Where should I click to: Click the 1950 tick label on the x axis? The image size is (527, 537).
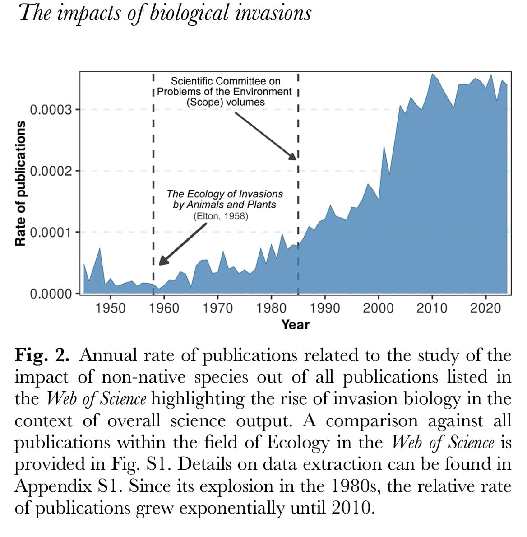[111, 308]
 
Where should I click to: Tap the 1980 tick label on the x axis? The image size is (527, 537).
[271, 308]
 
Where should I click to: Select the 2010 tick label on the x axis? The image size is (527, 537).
[432, 308]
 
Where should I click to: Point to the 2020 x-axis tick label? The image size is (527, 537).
[485, 308]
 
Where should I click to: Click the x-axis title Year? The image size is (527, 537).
[296, 324]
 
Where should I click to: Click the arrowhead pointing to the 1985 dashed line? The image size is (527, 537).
[292, 156]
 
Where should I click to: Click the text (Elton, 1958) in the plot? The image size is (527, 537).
[221, 216]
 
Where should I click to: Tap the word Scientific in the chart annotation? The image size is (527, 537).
[193, 81]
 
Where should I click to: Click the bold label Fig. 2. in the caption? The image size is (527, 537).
[42, 355]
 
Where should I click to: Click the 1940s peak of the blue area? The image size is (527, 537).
[100, 248]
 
